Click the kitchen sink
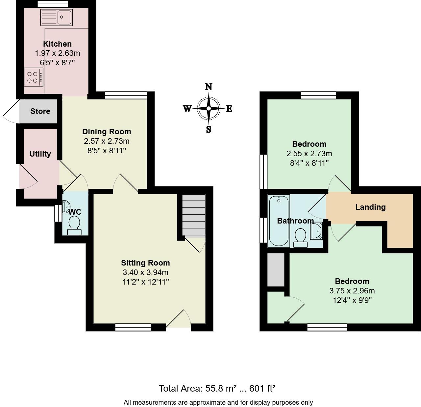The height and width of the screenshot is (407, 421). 57,17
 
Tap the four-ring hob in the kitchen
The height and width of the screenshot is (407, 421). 33,77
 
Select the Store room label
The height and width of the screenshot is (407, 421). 40,111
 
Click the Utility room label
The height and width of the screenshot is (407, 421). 40,154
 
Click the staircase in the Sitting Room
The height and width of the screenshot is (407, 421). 194,215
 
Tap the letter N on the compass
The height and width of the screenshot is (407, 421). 209,87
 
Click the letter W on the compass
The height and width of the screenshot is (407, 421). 187,109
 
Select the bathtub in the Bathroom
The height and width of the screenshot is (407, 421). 279,221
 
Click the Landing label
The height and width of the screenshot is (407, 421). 370,207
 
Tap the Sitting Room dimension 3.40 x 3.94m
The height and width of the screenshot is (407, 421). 145,272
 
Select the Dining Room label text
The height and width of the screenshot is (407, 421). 107,132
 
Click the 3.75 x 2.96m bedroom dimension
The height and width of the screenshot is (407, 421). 352,291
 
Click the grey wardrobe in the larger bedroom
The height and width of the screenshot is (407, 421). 276,269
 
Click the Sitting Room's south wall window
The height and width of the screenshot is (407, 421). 133,327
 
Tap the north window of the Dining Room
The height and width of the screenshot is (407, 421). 125,95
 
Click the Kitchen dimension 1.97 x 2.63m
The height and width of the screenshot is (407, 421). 58,53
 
